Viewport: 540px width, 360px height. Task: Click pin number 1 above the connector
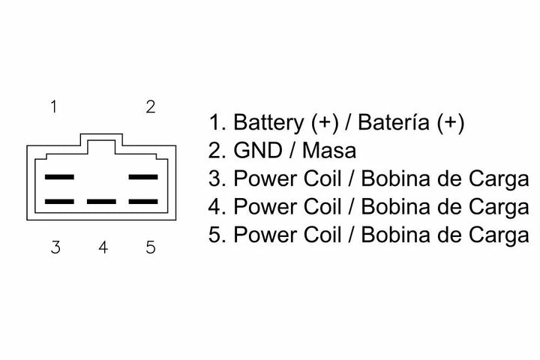point(53,106)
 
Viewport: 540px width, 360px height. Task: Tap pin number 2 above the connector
point(150,106)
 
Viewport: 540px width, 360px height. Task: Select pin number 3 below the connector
point(55,247)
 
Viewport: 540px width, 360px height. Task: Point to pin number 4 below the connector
point(103,247)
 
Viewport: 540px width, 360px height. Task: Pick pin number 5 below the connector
point(151,247)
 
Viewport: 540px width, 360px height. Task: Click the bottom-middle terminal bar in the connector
point(101,202)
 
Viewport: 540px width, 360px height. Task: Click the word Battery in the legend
point(268,122)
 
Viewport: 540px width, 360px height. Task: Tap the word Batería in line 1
point(393,122)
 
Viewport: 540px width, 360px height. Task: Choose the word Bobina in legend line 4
point(394,208)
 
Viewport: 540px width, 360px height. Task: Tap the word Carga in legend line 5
point(502,235)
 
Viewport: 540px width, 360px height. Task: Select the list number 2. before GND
point(217,151)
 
